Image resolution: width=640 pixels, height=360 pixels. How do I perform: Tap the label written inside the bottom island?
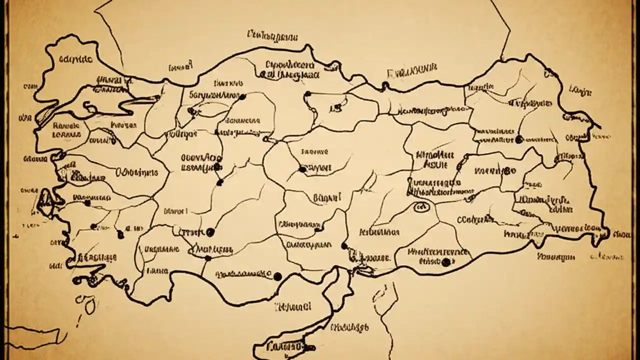pyautogui.click(x=284, y=346)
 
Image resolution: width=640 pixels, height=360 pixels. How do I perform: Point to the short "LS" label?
pyautogui.click(x=335, y=107)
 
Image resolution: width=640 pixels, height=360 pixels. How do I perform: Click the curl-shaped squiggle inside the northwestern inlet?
pyautogui.click(x=89, y=106)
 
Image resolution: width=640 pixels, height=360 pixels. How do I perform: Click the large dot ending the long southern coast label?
pyautogui.click(x=277, y=276)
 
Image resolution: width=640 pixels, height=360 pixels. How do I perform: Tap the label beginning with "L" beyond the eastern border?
pyautogui.click(x=580, y=90)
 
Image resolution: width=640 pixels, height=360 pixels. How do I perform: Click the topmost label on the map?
pyautogui.click(x=272, y=35)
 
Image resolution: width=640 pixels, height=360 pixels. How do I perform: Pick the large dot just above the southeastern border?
pyautogui.click(x=445, y=261)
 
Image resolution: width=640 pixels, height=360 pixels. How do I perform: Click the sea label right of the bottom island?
pyautogui.click(x=349, y=327)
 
